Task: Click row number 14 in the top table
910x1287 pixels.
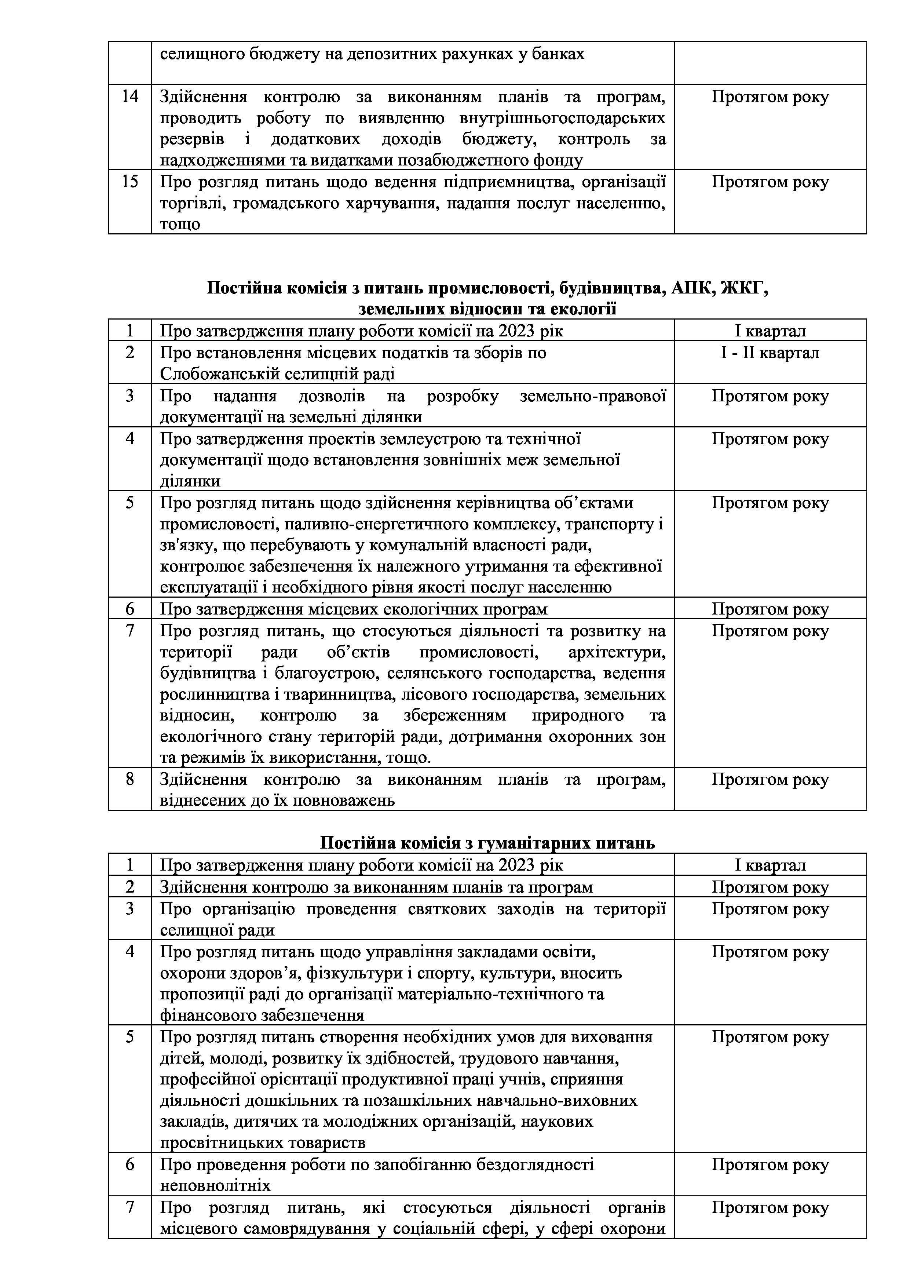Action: pyautogui.click(x=129, y=97)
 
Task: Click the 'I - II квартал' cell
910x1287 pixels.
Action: pyautogui.click(x=770, y=353)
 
